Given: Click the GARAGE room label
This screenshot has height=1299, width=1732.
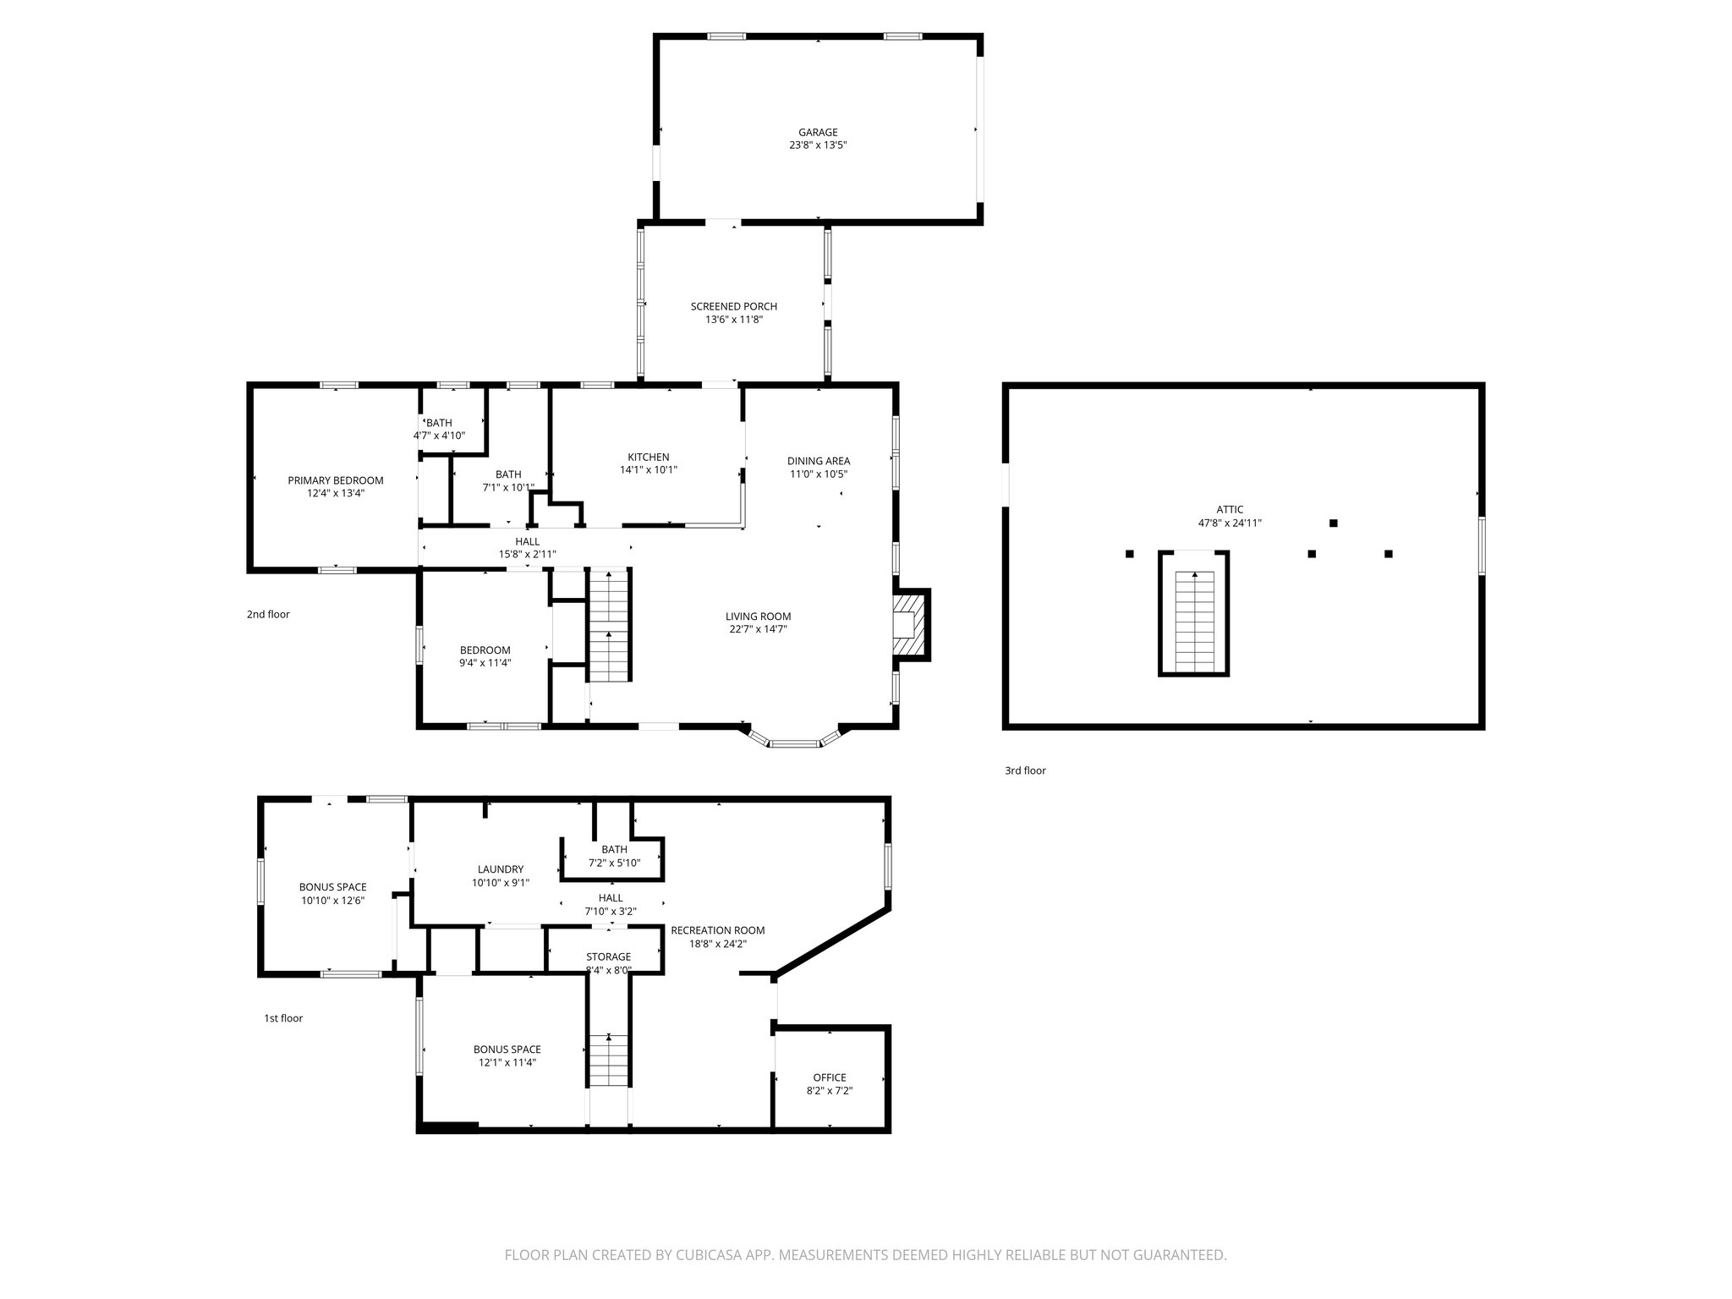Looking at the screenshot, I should click(818, 132).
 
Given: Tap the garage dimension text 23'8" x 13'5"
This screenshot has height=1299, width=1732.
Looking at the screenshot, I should click(818, 145).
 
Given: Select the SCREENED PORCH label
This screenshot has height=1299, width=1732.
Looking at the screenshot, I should click(733, 306).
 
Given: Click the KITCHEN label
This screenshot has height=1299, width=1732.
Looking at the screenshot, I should click(648, 457).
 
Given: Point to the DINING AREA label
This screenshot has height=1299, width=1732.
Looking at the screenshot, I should click(818, 461).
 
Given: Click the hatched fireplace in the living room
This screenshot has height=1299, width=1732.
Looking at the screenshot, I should click(910, 624).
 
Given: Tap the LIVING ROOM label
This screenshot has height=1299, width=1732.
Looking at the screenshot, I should click(758, 617).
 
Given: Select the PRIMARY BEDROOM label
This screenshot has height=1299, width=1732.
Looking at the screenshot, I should click(335, 480).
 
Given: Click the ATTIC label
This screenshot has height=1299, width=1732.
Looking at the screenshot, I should click(1230, 510).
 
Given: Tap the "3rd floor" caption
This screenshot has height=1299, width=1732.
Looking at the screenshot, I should click(1025, 770).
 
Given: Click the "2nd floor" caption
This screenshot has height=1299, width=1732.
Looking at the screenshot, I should click(268, 615).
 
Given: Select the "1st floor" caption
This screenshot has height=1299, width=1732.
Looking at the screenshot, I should click(283, 1018).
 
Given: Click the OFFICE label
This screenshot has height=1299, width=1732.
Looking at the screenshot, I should click(829, 1077).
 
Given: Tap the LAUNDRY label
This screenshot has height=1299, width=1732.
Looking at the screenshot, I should click(501, 869).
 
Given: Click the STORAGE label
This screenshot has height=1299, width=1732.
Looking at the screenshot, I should click(608, 956).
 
